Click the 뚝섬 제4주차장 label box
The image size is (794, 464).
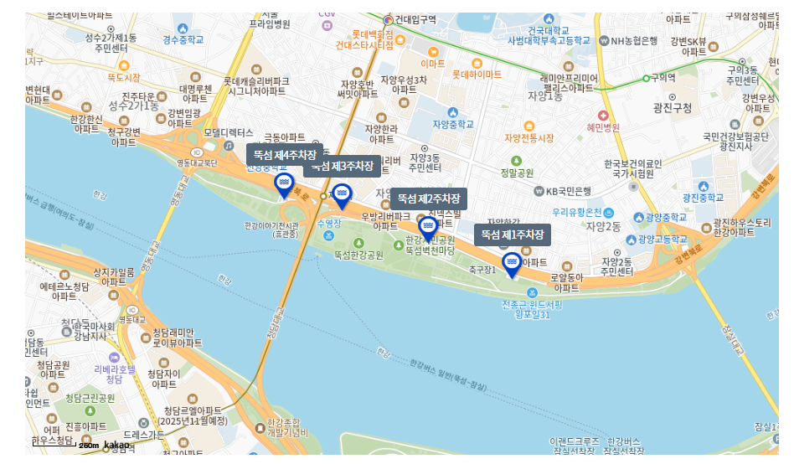pos(285,155)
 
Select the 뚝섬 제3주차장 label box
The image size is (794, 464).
pos(342,166)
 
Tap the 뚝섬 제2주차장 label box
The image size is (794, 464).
pos(429,198)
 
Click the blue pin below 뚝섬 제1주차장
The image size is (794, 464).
pos(511,264)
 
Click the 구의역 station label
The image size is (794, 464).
pos(663,77)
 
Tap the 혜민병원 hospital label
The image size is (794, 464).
pos(602,127)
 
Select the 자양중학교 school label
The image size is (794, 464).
pos(453,124)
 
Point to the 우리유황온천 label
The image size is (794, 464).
pos(577,213)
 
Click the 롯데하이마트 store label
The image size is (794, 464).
pos(477,75)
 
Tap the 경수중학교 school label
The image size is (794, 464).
pos(183,39)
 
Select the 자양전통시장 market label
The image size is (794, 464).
pos(528,137)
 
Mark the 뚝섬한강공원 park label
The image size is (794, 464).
pos(358,254)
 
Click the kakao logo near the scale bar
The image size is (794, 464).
pos(116,445)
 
